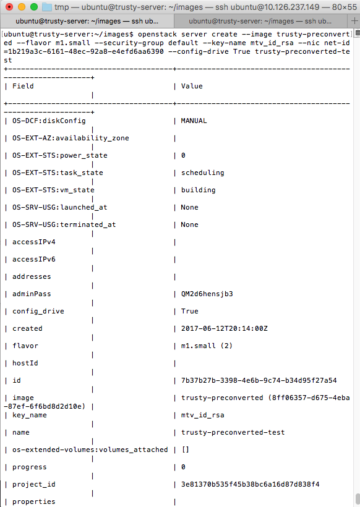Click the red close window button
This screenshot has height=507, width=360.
click(9, 7)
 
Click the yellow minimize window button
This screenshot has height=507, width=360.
click(22, 7)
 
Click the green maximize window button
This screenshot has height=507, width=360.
click(34, 7)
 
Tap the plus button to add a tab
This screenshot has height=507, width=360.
click(354, 21)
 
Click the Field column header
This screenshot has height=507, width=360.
click(23, 86)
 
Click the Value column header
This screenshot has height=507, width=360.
click(192, 86)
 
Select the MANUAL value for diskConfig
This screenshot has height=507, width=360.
click(194, 121)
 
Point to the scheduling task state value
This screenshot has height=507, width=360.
click(202, 173)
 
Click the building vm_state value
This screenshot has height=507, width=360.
click(199, 190)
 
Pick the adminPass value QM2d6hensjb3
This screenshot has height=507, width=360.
click(207, 294)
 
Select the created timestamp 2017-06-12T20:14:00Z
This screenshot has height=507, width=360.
click(224, 328)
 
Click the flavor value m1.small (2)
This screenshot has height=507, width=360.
click(207, 346)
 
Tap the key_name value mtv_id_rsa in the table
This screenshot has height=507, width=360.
click(202, 415)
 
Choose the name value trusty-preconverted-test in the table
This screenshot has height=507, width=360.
click(233, 432)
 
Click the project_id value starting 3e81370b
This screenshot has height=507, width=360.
click(250, 484)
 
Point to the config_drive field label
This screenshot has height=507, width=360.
click(38, 312)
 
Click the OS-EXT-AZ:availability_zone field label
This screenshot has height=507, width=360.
click(71, 138)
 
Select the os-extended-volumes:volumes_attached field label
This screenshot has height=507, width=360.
click(90, 449)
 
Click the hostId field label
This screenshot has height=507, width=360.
click(25, 363)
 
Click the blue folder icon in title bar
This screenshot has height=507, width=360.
click(47, 7)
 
